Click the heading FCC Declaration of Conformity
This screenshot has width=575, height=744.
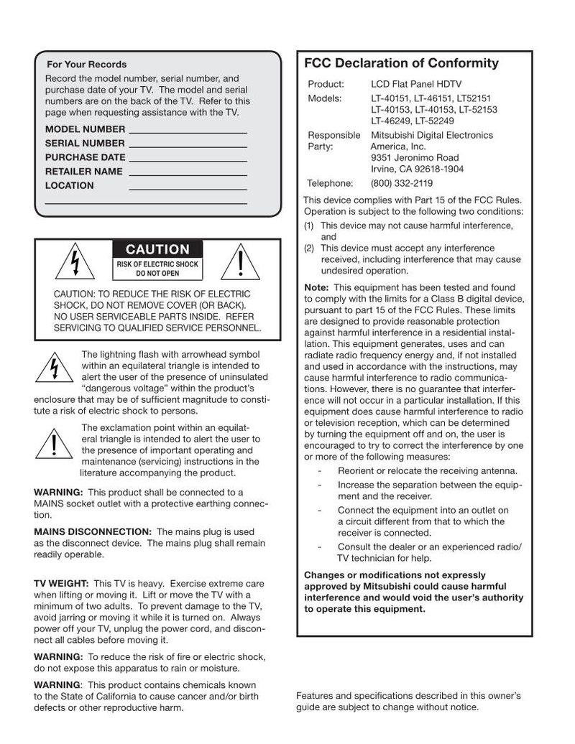coord(401,63)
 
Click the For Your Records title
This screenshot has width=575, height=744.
coord(86,65)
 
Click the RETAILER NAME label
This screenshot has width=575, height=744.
coord(83,172)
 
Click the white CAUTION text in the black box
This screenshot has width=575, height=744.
coord(157,250)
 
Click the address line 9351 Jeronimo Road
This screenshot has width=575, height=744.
coord(414,157)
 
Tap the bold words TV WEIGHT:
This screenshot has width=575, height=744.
coord(62,583)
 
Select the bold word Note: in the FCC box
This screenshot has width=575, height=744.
coord(316,287)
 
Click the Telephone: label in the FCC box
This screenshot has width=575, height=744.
coord(330,183)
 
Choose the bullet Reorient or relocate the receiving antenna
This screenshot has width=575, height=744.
coord(427,471)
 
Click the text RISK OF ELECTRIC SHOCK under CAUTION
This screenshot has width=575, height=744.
coord(157,265)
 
